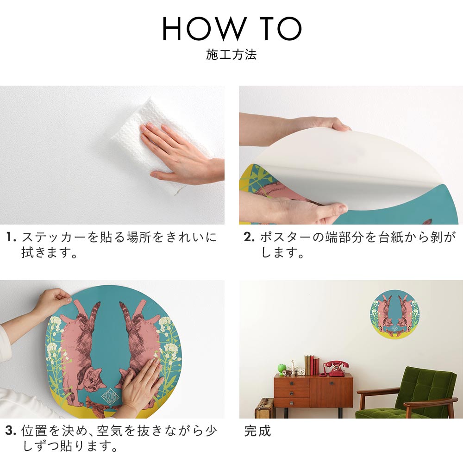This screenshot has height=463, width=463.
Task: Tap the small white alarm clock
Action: [x=301, y=371]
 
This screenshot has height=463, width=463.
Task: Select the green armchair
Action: [x=407, y=393]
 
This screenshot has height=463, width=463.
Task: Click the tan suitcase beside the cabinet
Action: [x=264, y=408]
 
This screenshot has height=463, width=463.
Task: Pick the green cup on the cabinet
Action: [x=282, y=369]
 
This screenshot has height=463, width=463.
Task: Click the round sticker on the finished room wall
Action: [x=394, y=314]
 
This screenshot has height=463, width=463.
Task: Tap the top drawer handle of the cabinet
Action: [x=291, y=383]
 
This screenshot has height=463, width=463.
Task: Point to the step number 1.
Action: [x=11, y=237]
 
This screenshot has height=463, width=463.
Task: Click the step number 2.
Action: [x=249, y=237]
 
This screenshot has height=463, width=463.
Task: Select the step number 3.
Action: [x=10, y=431]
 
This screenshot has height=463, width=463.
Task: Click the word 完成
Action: [x=257, y=431]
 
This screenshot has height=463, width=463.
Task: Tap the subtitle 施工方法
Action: [x=231, y=55]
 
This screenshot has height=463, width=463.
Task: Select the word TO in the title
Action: [x=281, y=28]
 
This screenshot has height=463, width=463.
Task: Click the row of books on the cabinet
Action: [x=312, y=365]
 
